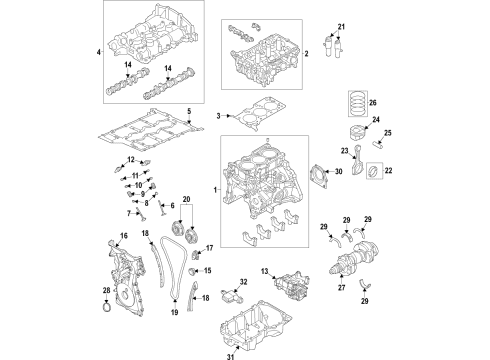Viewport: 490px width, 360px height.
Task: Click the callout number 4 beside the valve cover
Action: coord(99,51)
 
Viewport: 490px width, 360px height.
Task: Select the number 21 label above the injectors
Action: coord(340,25)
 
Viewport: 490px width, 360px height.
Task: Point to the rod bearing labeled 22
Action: coord(373,177)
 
